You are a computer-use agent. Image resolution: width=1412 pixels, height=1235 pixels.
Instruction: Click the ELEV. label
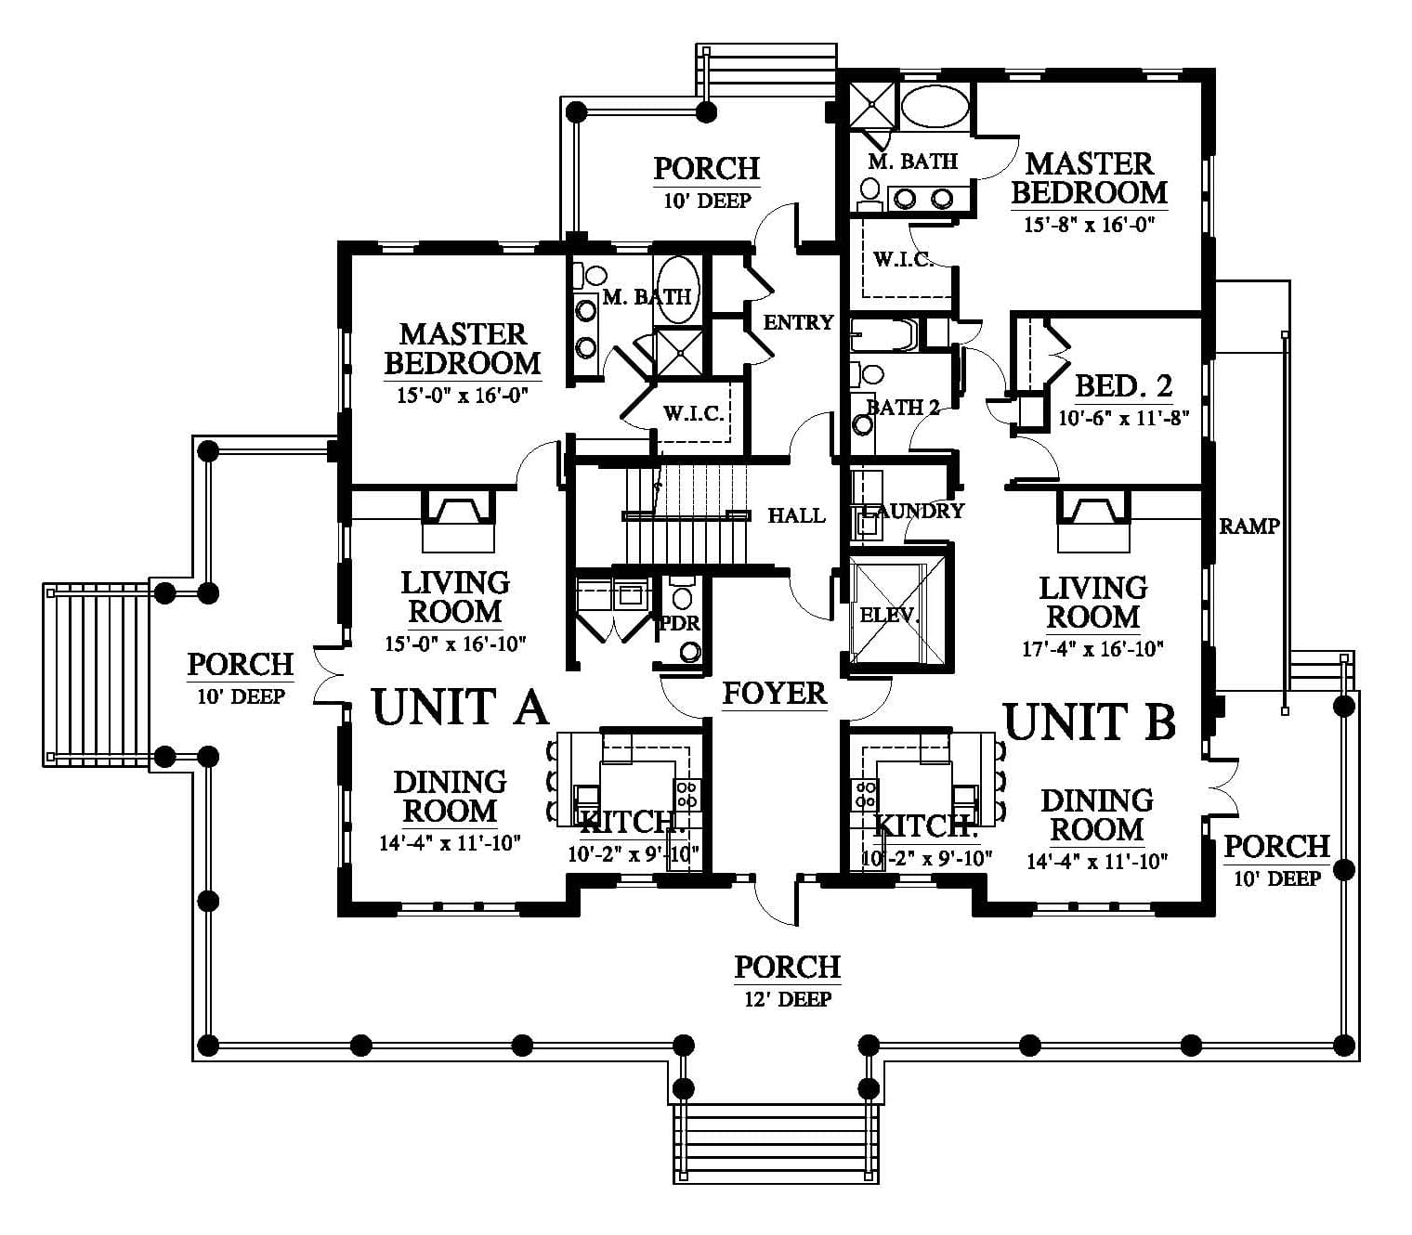coord(889,614)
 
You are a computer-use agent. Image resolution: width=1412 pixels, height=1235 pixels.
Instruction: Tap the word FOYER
coord(775,694)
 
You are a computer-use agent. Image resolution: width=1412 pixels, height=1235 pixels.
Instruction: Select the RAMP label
coord(1249,526)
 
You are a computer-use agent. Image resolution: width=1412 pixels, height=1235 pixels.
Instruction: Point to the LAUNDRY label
coord(912,511)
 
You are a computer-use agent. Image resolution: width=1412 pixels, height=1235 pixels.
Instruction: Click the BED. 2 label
coord(1123,386)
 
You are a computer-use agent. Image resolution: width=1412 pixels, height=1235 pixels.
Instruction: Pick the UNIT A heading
coord(461,708)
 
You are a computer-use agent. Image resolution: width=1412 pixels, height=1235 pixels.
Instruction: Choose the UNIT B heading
coord(1090,721)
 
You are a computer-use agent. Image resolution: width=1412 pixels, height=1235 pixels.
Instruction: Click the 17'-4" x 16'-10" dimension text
coord(1092,648)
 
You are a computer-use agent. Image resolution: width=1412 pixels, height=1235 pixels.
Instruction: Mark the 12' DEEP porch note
coord(788,999)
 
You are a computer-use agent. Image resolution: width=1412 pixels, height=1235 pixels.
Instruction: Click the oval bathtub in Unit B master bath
coord(934,106)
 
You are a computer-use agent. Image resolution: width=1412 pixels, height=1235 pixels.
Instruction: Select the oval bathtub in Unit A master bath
coord(677,290)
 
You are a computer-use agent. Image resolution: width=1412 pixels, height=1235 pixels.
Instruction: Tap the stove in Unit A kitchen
coord(687,794)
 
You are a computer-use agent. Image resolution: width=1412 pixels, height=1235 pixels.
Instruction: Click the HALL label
coord(796,515)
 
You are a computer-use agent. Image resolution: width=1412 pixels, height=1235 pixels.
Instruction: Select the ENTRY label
coord(799,322)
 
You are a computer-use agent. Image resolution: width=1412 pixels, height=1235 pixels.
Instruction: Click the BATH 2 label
coord(903,407)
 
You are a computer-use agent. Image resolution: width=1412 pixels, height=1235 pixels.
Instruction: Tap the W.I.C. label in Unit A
coord(694,413)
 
